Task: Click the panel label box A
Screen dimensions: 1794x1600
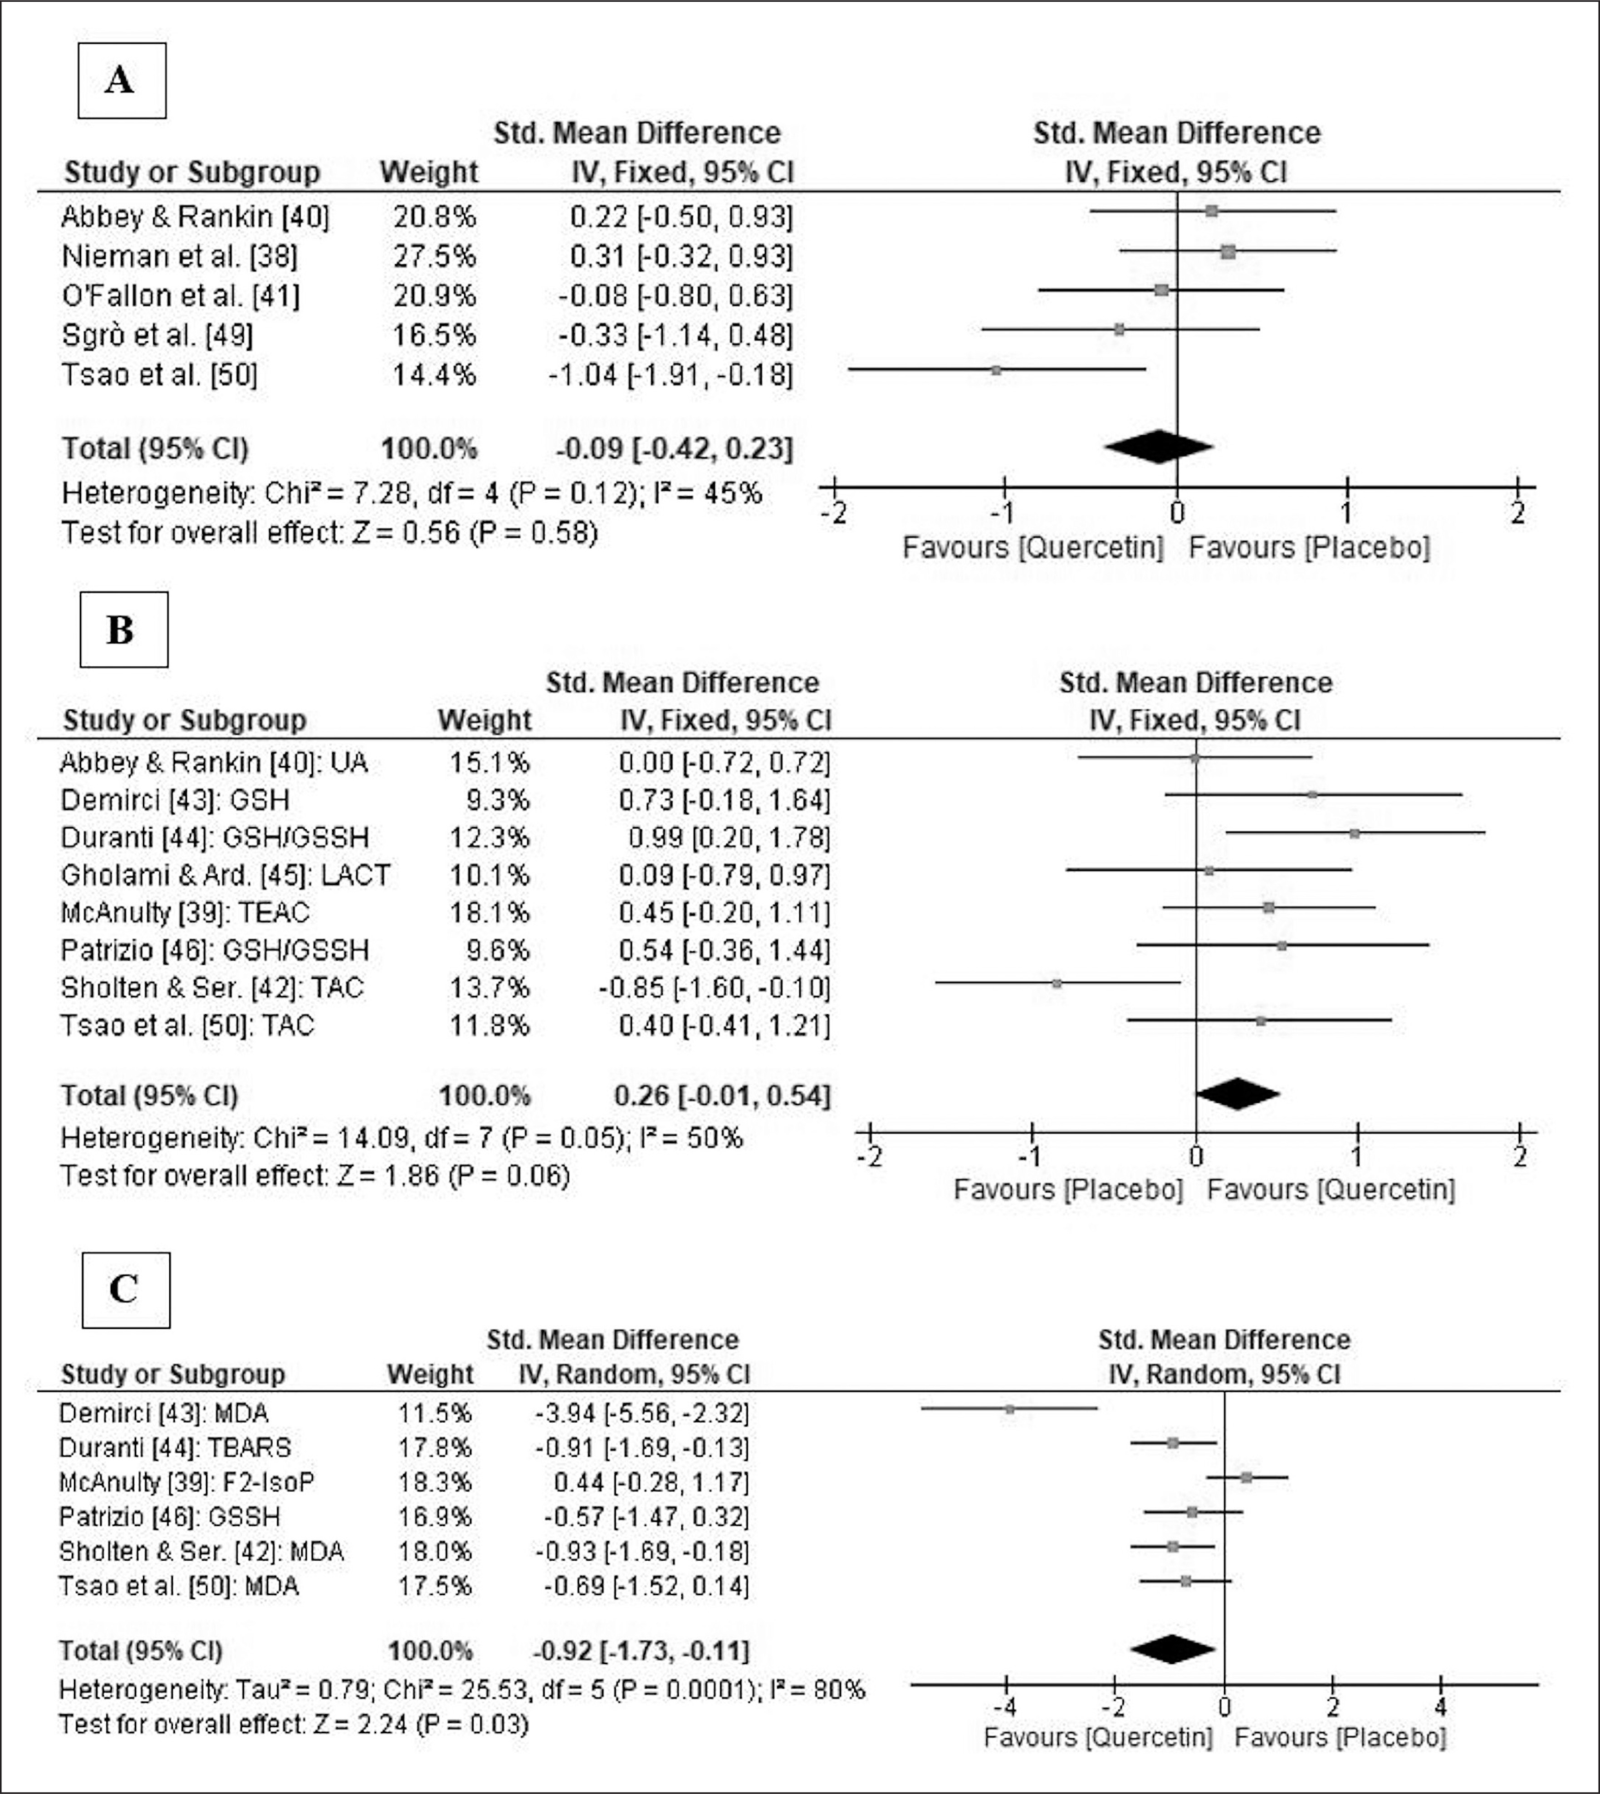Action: (x=121, y=80)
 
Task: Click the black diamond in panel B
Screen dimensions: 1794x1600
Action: (x=1237, y=1094)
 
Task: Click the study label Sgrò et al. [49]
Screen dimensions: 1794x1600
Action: (x=157, y=335)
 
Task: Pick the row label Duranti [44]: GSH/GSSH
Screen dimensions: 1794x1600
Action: (x=215, y=837)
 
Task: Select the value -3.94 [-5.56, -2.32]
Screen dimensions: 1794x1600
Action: (x=642, y=1413)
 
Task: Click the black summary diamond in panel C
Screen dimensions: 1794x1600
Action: (x=1173, y=1649)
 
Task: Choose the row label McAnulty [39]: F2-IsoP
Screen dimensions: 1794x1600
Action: (x=186, y=1482)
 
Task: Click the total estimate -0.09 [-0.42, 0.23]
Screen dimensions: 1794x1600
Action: (x=673, y=448)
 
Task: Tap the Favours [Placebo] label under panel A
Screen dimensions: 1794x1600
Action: (x=1309, y=547)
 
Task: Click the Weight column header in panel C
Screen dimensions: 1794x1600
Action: (x=430, y=1374)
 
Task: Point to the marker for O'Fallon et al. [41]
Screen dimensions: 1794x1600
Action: (x=1161, y=290)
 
